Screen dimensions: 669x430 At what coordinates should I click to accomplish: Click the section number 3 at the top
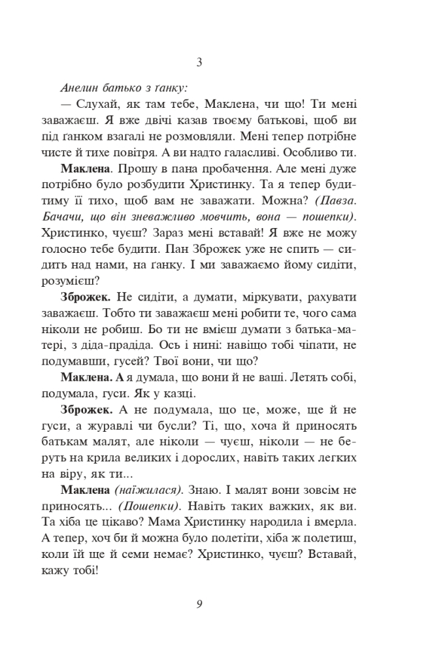199,63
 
